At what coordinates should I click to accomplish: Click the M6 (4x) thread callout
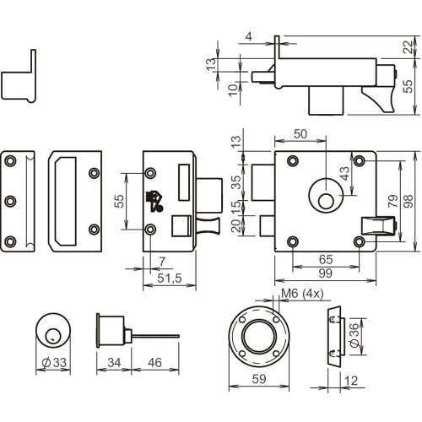pyautogui.click(x=302, y=294)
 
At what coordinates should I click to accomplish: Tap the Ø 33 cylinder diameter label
pyautogui.click(x=54, y=362)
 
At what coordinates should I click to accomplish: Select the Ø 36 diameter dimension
pyautogui.click(x=355, y=335)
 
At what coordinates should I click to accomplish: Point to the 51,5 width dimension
pyautogui.click(x=170, y=279)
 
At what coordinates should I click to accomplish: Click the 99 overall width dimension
pyautogui.click(x=325, y=273)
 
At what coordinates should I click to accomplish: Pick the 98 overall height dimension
pyautogui.click(x=408, y=201)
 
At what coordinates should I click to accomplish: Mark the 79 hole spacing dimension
pyautogui.click(x=393, y=201)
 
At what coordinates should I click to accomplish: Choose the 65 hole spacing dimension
pyautogui.click(x=326, y=259)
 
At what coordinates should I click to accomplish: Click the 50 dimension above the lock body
pyautogui.click(x=300, y=134)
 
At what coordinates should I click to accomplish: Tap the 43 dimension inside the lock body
pyautogui.click(x=344, y=173)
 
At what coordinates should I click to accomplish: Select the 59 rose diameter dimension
pyautogui.click(x=259, y=379)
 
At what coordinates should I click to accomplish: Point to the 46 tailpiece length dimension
pyautogui.click(x=154, y=362)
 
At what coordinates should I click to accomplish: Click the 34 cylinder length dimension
pyautogui.click(x=114, y=362)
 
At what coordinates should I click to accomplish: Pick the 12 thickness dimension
pyautogui.click(x=351, y=381)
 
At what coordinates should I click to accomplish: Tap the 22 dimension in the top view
pyautogui.click(x=408, y=47)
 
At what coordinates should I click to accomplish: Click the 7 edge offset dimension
pyautogui.click(x=162, y=262)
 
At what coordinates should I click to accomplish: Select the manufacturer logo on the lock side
pyautogui.click(x=154, y=201)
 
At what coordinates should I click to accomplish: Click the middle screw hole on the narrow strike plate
pyautogui.click(x=10, y=201)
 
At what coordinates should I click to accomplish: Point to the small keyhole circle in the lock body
pyautogui.click(x=327, y=202)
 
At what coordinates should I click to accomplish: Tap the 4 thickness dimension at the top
pyautogui.click(x=249, y=36)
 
